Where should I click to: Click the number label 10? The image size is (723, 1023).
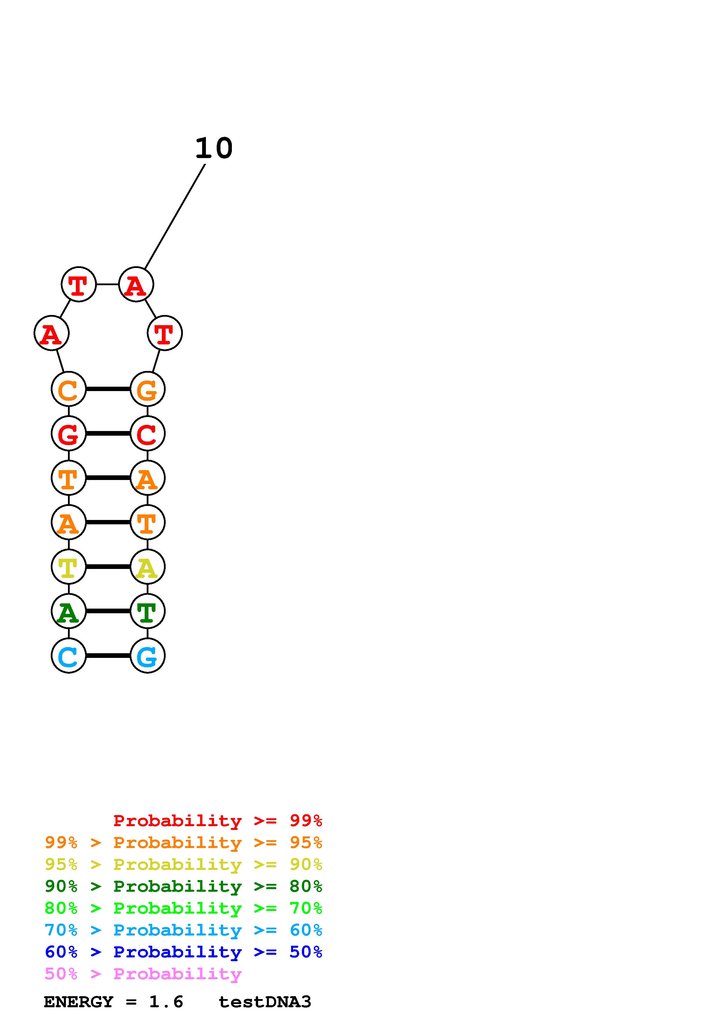pyautogui.click(x=214, y=148)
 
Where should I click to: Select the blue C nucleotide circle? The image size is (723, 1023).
pyautogui.click(x=69, y=656)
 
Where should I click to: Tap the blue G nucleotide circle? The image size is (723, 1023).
pyautogui.click(x=148, y=656)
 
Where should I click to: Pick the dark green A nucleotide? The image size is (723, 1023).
pyautogui.click(x=69, y=611)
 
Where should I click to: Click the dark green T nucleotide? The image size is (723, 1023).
pyautogui.click(x=148, y=611)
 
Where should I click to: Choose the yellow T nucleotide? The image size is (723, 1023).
pyautogui.click(x=69, y=567)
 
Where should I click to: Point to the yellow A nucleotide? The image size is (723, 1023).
pyautogui.click(x=148, y=567)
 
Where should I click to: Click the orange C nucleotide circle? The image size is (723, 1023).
pyautogui.click(x=69, y=389)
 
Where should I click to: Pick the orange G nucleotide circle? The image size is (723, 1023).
pyautogui.click(x=148, y=389)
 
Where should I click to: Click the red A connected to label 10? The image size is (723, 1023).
pyautogui.click(x=136, y=284)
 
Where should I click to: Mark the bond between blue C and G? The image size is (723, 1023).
pyautogui.click(x=108, y=656)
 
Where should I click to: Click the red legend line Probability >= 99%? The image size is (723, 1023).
pyautogui.click(x=217, y=821)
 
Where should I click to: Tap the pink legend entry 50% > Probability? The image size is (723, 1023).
pyautogui.click(x=143, y=974)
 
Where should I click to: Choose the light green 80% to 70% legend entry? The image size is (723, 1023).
pyautogui.click(x=183, y=908)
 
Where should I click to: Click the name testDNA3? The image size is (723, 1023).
pyautogui.click(x=265, y=1002)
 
